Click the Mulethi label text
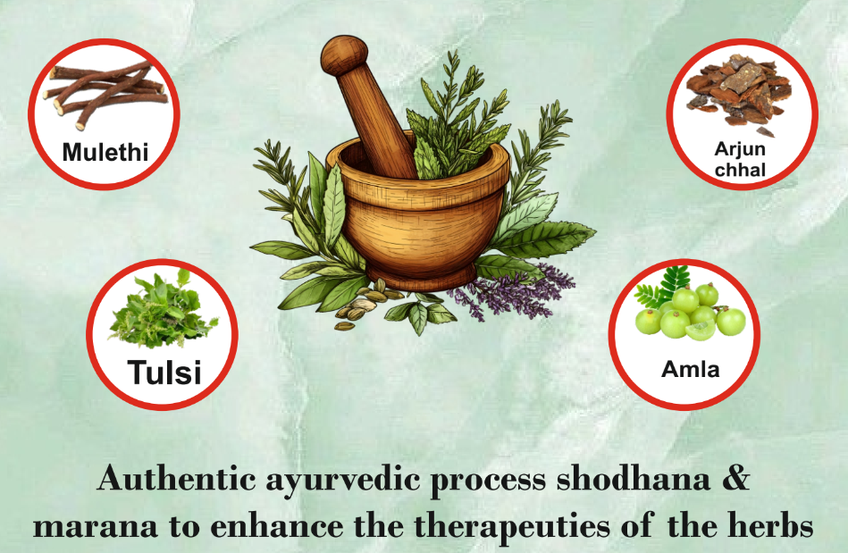[105, 152]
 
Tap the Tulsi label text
[164, 372]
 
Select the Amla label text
[691, 369]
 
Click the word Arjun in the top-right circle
[740, 148]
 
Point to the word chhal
[740, 170]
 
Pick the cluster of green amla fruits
[691, 312]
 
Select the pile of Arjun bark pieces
[739, 91]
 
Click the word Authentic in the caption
[176, 479]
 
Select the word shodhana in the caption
[634, 479]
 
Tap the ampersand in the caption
[735, 479]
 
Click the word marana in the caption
[96, 526]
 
